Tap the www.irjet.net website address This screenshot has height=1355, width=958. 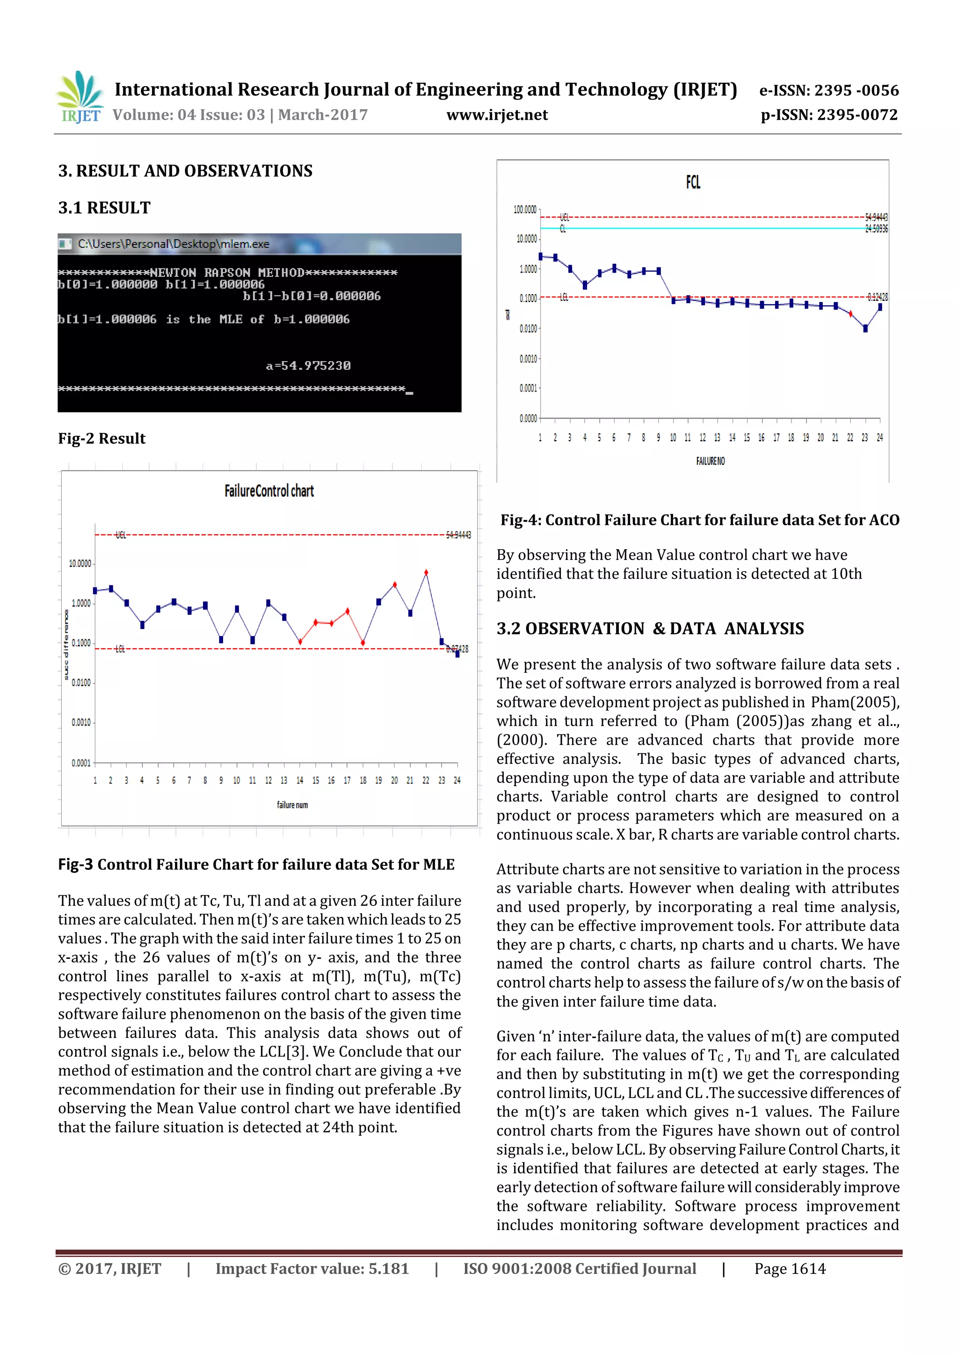(x=497, y=115)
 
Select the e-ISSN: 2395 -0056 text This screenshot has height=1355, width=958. (x=829, y=90)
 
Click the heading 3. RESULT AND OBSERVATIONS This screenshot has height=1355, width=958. (x=185, y=171)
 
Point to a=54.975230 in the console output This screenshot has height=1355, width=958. (x=308, y=366)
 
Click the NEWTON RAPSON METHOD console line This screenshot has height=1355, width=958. (x=227, y=273)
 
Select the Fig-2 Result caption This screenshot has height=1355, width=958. (x=102, y=438)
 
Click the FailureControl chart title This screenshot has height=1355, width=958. (x=269, y=491)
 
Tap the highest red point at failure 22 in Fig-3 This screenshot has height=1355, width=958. (x=426, y=572)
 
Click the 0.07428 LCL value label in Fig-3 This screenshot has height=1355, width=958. (x=457, y=649)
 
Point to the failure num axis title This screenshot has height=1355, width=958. (x=292, y=805)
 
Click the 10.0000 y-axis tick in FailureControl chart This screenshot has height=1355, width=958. (x=80, y=564)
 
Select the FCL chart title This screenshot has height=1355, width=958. (x=693, y=182)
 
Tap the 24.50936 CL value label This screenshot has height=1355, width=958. (x=876, y=229)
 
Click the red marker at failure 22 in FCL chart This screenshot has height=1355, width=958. (x=850, y=314)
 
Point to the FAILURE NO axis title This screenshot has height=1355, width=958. (x=710, y=461)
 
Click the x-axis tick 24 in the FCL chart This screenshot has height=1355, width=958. (x=879, y=437)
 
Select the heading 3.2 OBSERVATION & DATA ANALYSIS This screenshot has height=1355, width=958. (x=650, y=629)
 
